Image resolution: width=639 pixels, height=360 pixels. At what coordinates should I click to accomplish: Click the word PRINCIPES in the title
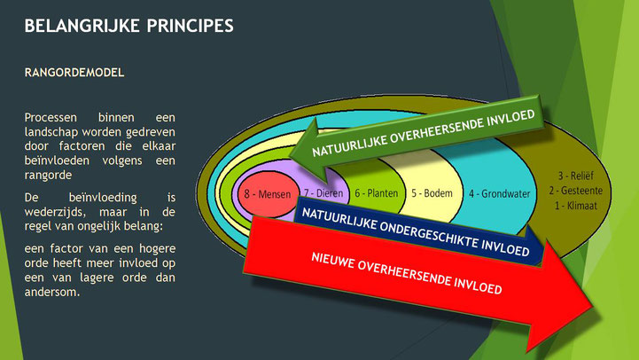point(191,26)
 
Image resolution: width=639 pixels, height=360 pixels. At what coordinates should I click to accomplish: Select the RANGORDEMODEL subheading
point(74,73)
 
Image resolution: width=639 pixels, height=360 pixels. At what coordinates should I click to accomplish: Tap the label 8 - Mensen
point(268,194)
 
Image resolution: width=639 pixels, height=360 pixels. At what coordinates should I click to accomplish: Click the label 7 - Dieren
point(323,192)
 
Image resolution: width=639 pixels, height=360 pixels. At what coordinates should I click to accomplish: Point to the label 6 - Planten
point(376,192)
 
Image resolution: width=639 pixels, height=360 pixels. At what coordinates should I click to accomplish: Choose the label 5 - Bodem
point(432,192)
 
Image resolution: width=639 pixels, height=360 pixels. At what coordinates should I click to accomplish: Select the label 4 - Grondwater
point(499,193)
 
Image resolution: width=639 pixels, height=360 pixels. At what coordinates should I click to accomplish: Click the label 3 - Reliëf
point(576,176)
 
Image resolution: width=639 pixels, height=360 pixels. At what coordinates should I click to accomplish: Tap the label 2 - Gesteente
point(575,191)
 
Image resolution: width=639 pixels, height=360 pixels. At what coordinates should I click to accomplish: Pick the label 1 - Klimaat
point(576,206)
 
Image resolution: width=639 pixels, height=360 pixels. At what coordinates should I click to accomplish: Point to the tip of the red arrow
point(592,306)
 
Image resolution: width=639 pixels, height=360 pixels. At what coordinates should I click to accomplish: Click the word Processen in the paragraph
point(51,118)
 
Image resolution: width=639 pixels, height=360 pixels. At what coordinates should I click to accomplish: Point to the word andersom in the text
point(51,292)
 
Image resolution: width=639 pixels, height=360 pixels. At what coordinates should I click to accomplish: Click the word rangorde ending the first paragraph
point(48,176)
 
